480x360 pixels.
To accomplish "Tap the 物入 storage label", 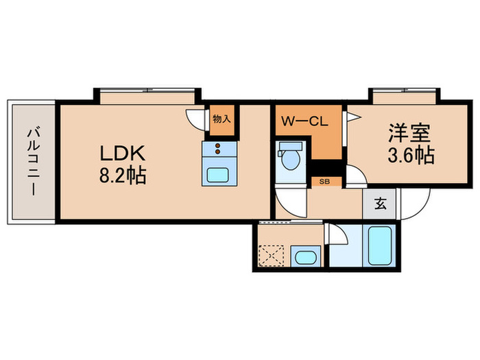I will [221, 119].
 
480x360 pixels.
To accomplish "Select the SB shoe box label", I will [324, 182].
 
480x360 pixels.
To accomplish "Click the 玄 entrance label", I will [379, 204].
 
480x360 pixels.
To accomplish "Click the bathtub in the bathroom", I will [379, 247].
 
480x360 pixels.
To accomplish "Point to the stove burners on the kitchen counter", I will [219, 149].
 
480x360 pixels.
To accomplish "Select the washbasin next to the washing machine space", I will [304, 259].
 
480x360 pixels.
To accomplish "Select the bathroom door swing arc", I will [337, 235].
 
